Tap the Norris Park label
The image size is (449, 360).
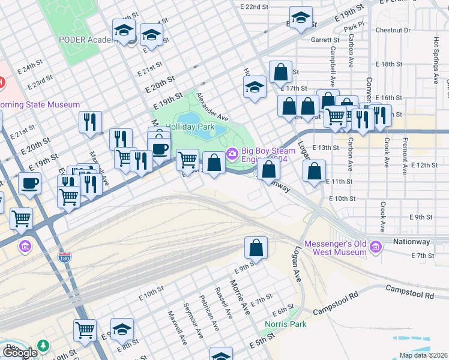coord(286,324)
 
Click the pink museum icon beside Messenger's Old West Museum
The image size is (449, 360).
coord(376,247)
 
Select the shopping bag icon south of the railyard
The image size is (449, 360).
coord(256,247)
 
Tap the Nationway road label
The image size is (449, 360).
coord(411,242)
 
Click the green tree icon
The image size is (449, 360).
coord(43,346)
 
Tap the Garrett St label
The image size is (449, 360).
coord(325,40)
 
